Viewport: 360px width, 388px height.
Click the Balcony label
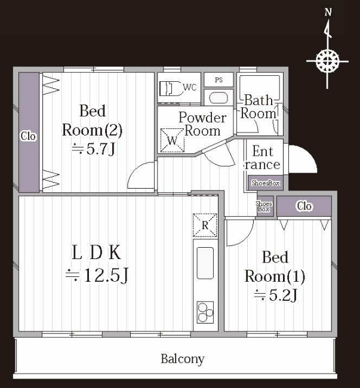[183, 359]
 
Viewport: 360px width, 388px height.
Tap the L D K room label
[97, 252]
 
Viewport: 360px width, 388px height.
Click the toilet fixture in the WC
[171, 88]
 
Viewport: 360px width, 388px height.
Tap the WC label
[190, 87]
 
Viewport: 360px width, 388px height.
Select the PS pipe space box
[219, 80]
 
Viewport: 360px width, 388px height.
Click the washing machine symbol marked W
[173, 140]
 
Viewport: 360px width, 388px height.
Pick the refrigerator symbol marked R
[205, 225]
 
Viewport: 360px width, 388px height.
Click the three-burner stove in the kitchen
[205, 313]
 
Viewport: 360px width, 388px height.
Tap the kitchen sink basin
[205, 263]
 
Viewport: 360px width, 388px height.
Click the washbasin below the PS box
[219, 98]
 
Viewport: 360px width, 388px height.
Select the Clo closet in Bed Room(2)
[29, 132]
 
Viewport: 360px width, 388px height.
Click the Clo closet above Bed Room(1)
[304, 206]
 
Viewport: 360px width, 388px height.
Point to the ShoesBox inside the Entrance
[266, 183]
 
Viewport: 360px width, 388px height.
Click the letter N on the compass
[328, 12]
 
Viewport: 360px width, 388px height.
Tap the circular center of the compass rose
[327, 61]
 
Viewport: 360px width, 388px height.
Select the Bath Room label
[259, 107]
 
